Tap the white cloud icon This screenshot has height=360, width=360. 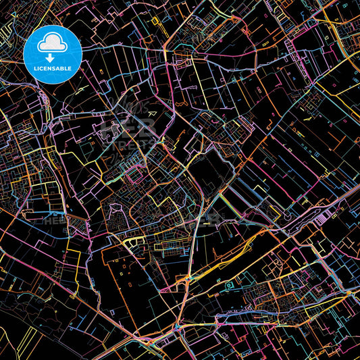pos(53,43)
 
